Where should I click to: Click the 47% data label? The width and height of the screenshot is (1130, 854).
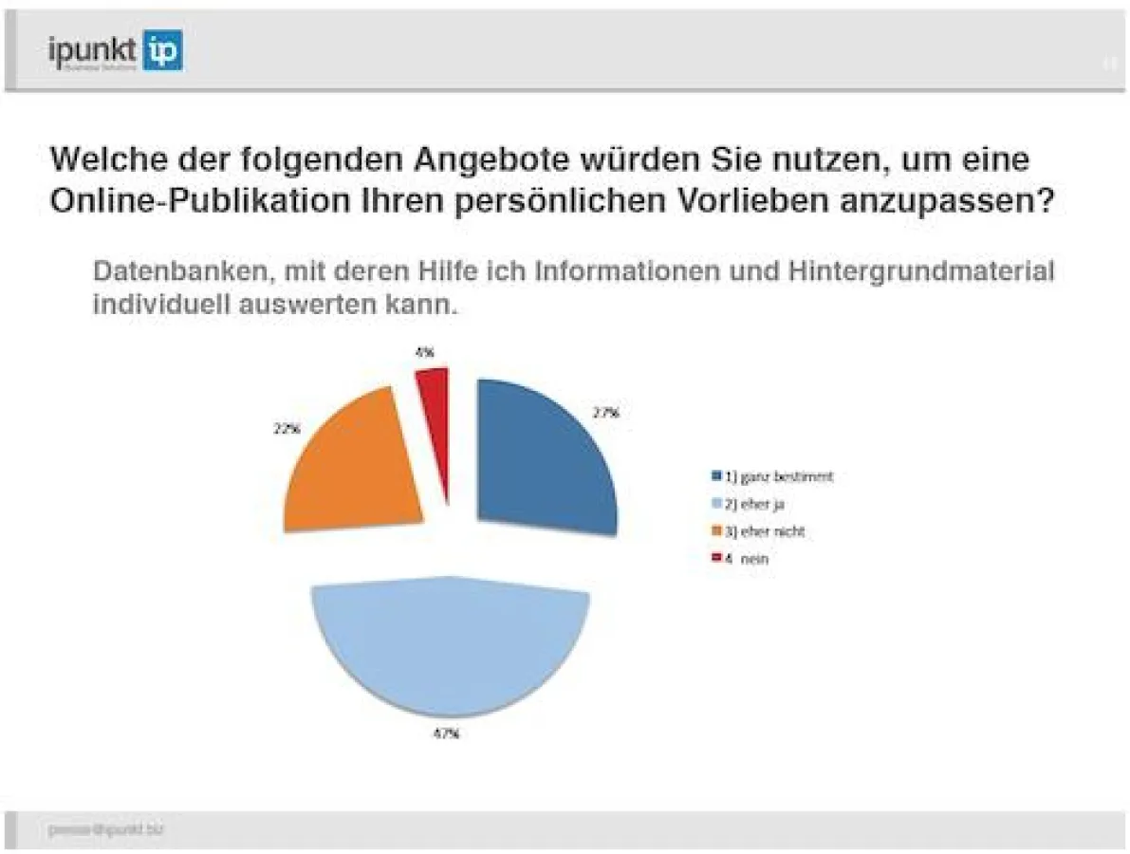[x=447, y=733]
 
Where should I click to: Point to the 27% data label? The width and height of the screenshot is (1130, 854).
[x=606, y=413]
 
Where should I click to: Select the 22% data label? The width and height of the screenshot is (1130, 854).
[x=287, y=428]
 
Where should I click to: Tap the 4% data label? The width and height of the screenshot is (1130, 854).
[x=424, y=352]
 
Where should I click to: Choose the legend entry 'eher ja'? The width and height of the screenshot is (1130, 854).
[x=760, y=504]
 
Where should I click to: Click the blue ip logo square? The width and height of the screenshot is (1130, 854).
[x=163, y=50]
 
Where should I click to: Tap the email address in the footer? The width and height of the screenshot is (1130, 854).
[x=105, y=829]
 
